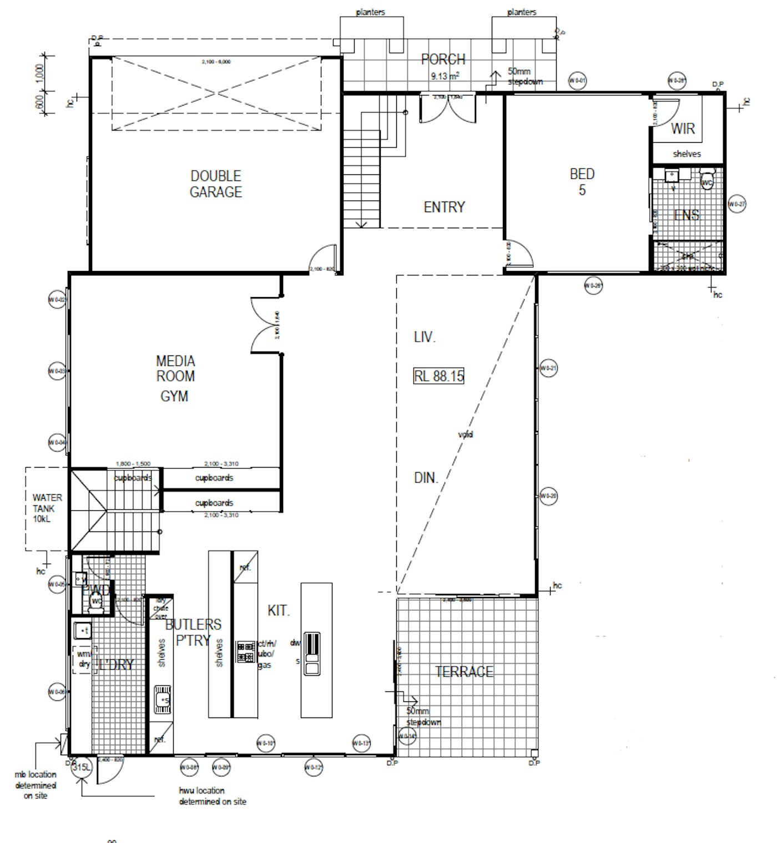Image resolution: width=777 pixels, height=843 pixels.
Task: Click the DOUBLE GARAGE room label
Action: tap(216, 184)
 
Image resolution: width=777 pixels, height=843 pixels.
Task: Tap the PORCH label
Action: tap(443, 59)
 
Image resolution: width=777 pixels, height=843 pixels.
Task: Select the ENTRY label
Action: tap(444, 207)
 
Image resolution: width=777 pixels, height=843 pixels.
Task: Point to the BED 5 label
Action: tap(582, 182)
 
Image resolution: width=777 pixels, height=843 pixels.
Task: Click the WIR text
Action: tap(683, 129)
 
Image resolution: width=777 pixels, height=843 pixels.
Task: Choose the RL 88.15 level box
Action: tap(438, 376)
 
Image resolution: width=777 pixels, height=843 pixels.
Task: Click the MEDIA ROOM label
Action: tap(175, 369)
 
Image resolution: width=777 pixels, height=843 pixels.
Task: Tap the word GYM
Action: tap(174, 397)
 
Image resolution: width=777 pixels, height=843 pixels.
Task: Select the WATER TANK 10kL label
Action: tap(47, 508)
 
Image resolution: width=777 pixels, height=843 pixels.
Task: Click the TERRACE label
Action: tap(464, 672)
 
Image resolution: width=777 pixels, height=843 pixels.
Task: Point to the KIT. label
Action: tap(279, 611)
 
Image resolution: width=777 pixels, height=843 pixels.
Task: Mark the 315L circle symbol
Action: tap(81, 767)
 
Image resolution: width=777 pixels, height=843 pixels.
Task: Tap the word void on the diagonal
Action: tap(466, 435)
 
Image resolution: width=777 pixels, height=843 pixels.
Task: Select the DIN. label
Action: tap(426, 478)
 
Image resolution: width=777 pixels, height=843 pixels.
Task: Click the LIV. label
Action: tap(425, 337)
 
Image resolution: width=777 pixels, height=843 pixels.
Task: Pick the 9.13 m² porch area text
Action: tap(445, 76)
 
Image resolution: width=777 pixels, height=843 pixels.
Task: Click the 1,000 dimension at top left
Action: tap(39, 72)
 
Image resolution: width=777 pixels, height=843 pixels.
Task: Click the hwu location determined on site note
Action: tap(212, 796)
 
